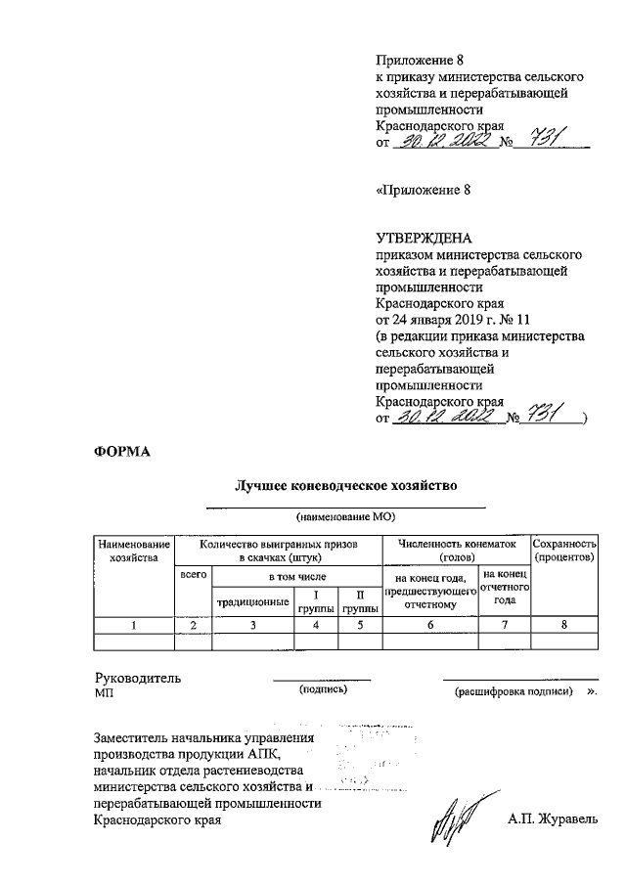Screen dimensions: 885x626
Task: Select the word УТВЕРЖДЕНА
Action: coord(424,238)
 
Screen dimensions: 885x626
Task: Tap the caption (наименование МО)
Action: coord(344,515)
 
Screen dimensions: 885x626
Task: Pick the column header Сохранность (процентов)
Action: coord(563,550)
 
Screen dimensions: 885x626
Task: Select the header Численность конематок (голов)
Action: coord(455,550)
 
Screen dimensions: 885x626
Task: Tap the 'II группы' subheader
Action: coord(359,601)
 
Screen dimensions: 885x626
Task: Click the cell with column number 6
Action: coord(429,625)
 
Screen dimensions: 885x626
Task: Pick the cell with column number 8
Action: coord(563,625)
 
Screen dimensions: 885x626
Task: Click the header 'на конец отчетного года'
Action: coord(505,587)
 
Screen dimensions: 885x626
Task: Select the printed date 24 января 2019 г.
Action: coord(452,319)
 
